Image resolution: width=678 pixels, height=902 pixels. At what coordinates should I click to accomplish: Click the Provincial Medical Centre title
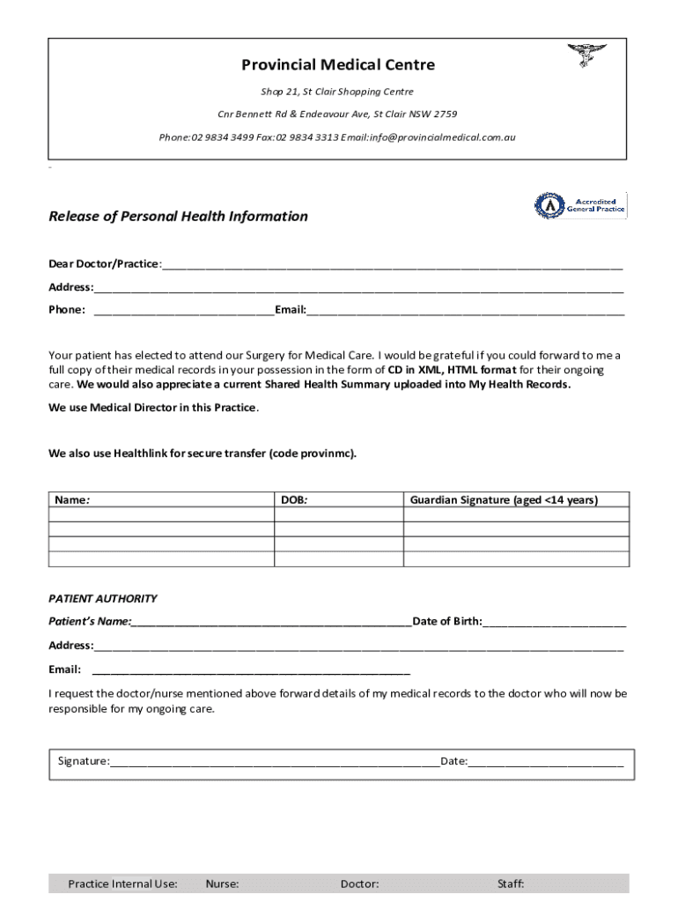338,65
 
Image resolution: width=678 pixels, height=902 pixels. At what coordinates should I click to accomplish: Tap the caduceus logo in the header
581,55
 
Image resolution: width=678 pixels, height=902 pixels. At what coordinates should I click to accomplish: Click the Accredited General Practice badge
580,205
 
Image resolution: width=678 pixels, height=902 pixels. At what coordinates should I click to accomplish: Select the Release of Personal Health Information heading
178,217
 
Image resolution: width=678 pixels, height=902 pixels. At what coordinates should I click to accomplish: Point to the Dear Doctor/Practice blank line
392,266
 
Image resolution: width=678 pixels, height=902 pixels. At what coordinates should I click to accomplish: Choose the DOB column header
293,500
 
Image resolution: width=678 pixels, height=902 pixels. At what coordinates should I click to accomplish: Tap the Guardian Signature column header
504,500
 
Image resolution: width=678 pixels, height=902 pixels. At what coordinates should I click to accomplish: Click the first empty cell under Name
161,515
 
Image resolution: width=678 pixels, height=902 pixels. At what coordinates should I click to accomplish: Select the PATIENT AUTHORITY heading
102,599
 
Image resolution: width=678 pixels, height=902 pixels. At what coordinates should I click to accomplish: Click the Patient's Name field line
271,623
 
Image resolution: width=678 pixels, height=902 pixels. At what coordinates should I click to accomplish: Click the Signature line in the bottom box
275,762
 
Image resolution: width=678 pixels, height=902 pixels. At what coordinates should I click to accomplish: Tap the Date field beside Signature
546,762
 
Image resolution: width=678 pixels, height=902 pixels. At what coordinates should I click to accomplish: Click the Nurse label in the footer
222,884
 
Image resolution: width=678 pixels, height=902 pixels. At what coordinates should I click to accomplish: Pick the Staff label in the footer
511,884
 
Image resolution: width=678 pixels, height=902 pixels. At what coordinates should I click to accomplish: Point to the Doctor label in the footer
359,884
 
